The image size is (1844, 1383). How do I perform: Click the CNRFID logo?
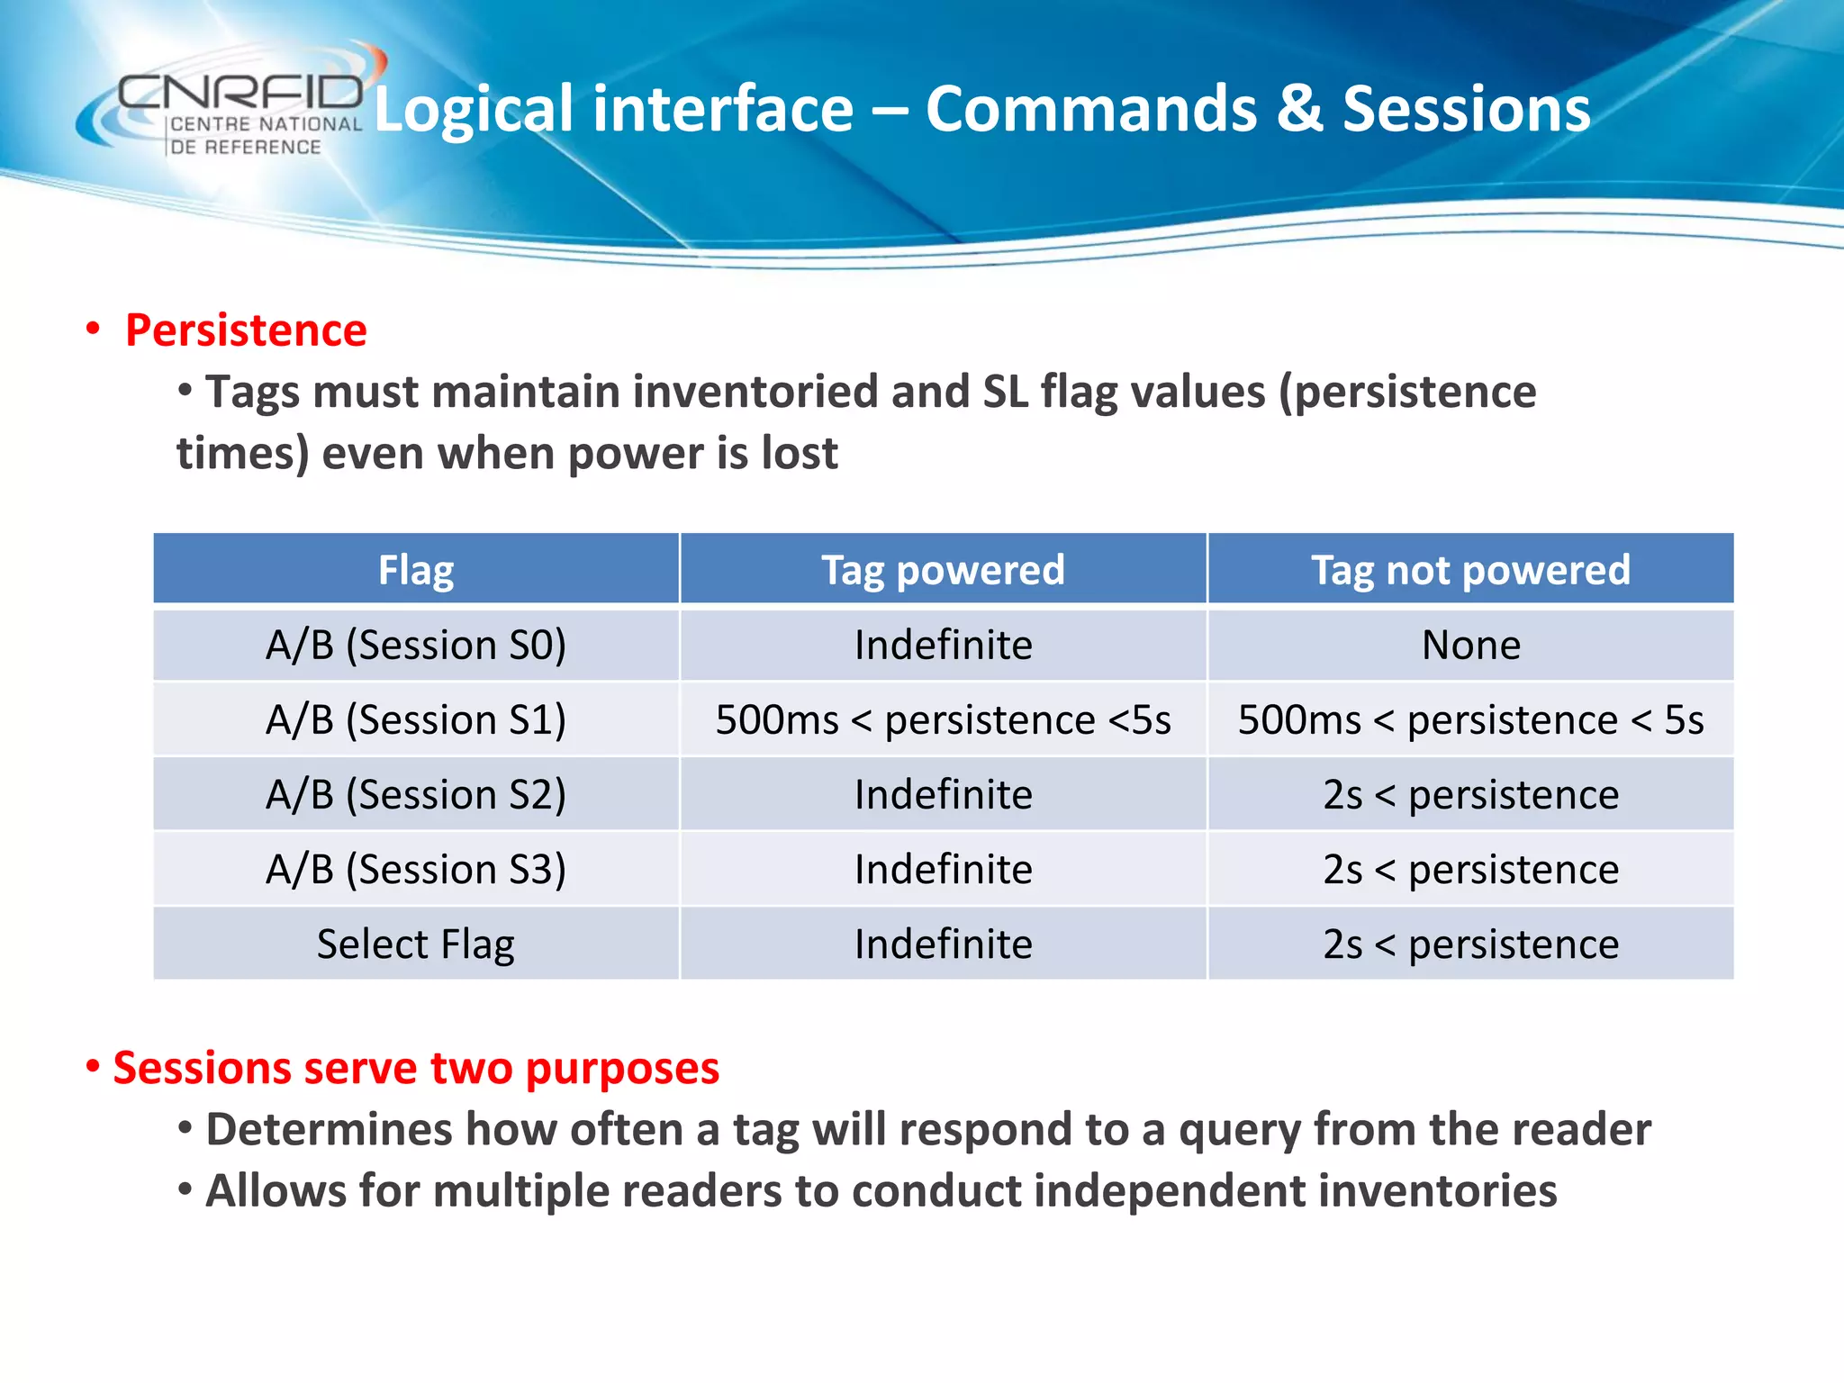239,108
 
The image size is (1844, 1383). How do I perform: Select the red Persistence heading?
246,330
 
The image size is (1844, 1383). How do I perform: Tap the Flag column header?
416,570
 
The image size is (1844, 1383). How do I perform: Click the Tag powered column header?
943,570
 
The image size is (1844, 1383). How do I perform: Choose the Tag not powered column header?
1470,570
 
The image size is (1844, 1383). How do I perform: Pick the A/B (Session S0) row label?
416,646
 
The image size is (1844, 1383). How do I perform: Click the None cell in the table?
1470,646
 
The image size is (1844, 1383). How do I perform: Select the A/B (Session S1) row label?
416,720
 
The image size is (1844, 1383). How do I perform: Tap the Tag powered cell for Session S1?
943,720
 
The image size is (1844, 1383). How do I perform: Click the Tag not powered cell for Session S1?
1470,720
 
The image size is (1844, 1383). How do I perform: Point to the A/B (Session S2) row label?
416,795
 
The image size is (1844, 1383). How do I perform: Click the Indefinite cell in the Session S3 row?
943,870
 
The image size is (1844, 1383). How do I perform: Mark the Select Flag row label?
416,945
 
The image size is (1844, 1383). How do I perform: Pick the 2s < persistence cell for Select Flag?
1470,945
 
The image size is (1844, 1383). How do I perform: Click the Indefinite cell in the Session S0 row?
943,646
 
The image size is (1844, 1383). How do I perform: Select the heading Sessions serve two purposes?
415,1069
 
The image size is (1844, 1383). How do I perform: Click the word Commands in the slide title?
1090,110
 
